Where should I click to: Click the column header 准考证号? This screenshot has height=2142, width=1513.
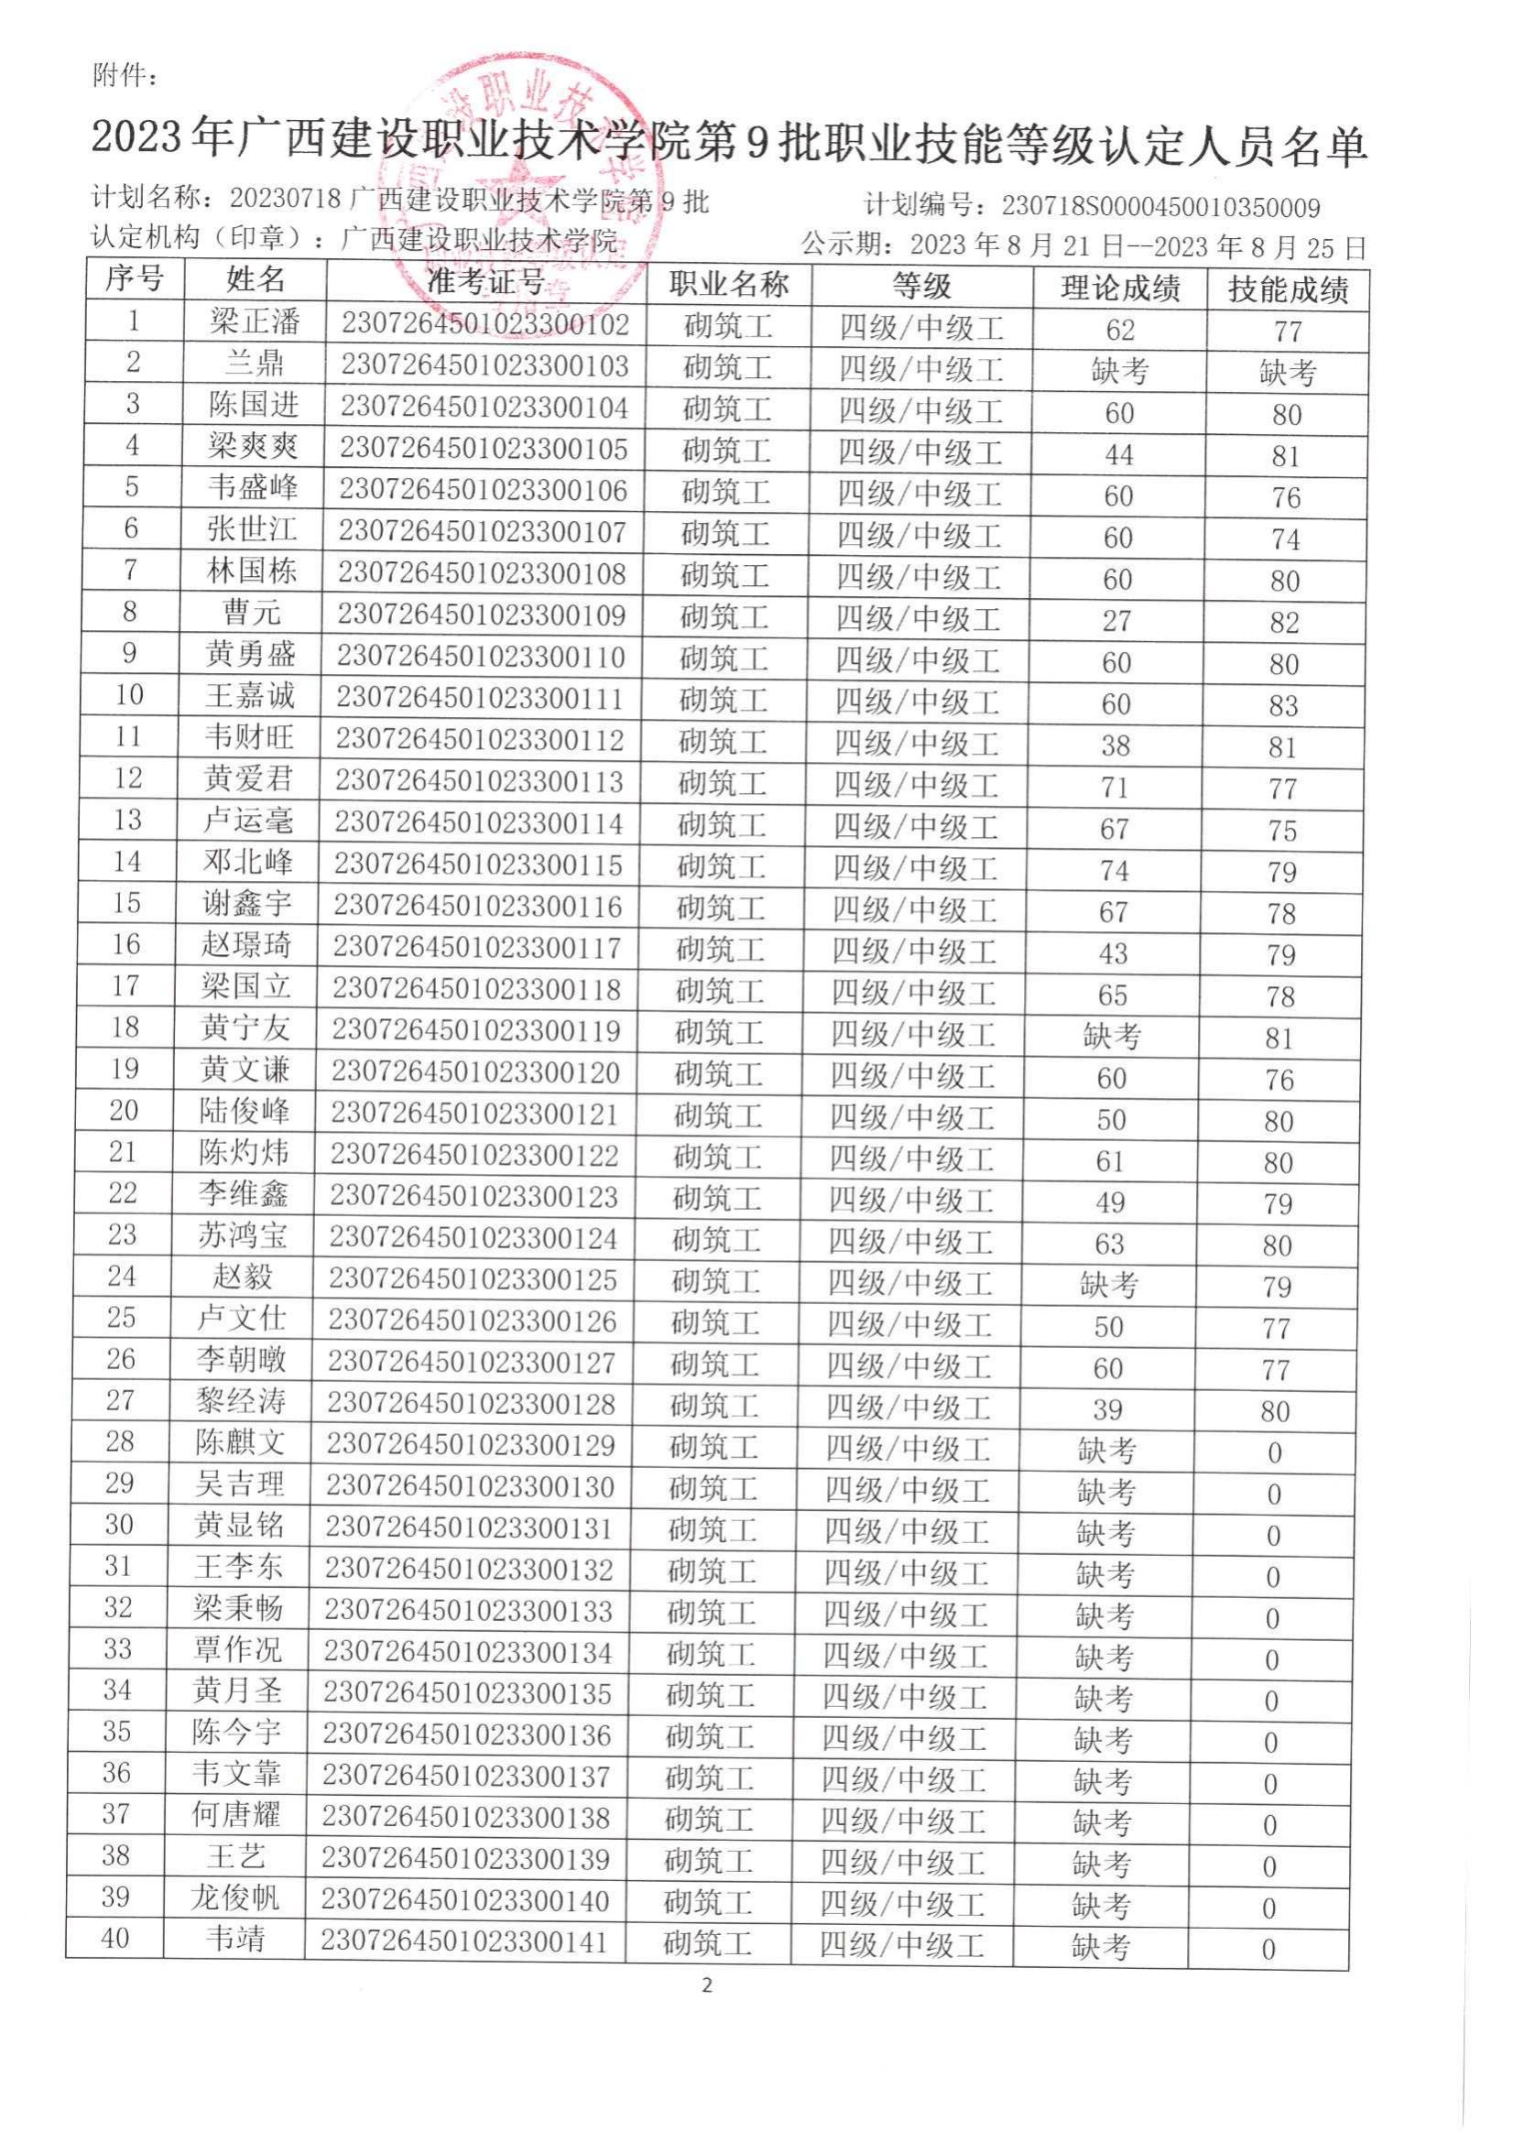click(486, 283)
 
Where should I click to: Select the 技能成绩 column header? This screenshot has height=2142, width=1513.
click(1288, 290)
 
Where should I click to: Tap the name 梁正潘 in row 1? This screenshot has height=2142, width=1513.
click(255, 321)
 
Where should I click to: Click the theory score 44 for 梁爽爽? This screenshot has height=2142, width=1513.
click(1118, 455)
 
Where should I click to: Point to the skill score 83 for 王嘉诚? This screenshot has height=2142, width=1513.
click(1283, 705)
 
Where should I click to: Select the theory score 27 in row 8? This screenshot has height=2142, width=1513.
click(1116, 621)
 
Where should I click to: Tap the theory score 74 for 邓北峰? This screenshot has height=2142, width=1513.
click(1114, 870)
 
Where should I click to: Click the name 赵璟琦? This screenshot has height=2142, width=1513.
click(247, 945)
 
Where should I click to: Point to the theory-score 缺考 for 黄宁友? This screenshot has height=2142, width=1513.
click(1112, 1036)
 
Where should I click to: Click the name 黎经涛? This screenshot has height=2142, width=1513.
click(241, 1400)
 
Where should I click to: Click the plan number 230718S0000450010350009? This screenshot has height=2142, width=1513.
click(1160, 206)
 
